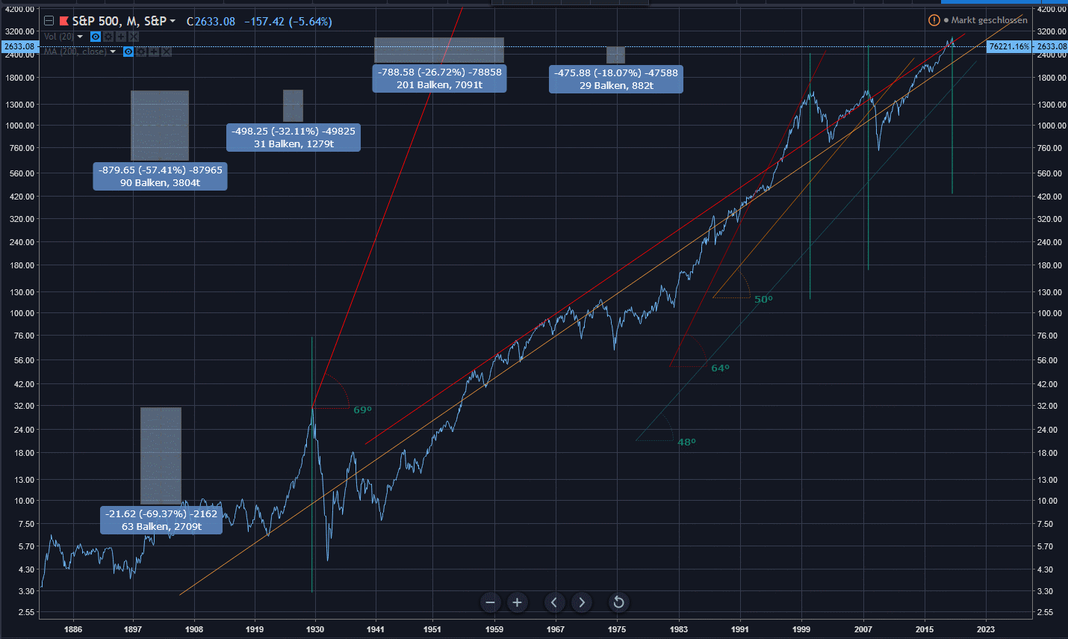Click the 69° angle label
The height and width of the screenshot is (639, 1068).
(x=362, y=410)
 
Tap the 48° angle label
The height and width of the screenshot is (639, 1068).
(x=686, y=442)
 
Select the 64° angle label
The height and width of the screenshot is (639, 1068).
(x=720, y=368)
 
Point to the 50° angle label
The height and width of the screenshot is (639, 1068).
(x=763, y=300)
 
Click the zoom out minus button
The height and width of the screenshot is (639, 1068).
(x=490, y=602)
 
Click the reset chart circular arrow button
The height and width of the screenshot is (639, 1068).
(x=618, y=602)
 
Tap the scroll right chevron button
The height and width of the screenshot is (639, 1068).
(x=582, y=602)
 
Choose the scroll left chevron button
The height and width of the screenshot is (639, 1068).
(x=554, y=602)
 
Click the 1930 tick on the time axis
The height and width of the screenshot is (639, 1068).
(x=315, y=629)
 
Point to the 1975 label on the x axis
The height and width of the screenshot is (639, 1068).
(x=617, y=629)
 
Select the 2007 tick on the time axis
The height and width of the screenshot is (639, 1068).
(x=863, y=629)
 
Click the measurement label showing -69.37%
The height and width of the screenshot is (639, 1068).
(x=161, y=514)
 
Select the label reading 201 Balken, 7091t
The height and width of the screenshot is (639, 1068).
(x=439, y=85)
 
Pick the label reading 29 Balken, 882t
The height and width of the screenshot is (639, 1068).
(x=616, y=86)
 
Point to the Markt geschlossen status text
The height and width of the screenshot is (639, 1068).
(x=989, y=20)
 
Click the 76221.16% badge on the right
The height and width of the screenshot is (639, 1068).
(x=1009, y=46)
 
